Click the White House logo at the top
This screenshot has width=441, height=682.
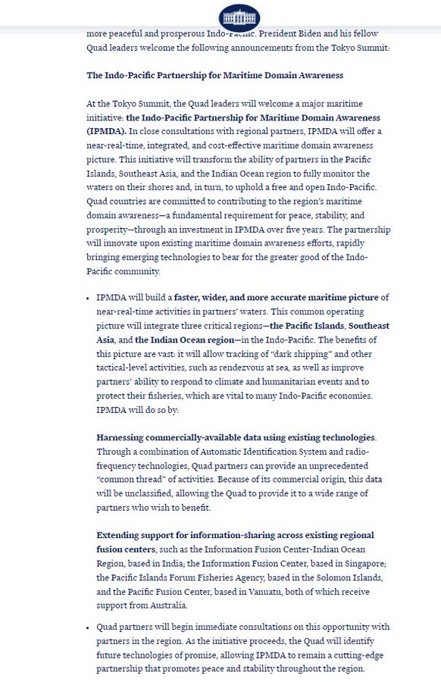pyautogui.click(x=239, y=16)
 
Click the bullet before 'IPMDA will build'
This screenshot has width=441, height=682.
pyautogui.click(x=88, y=298)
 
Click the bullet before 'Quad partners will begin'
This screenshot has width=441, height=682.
pyautogui.click(x=88, y=627)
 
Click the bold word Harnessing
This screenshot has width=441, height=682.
pyautogui.click(x=125, y=438)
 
